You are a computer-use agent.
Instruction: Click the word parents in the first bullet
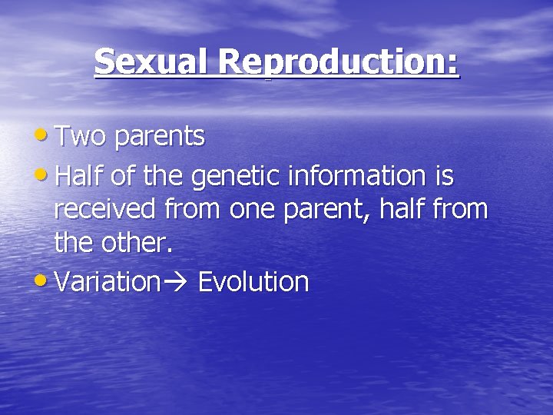[160, 137]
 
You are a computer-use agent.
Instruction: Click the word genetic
[236, 178]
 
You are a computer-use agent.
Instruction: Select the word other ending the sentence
[137, 245]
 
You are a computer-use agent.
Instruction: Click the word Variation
[107, 281]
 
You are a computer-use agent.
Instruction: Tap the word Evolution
[253, 281]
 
